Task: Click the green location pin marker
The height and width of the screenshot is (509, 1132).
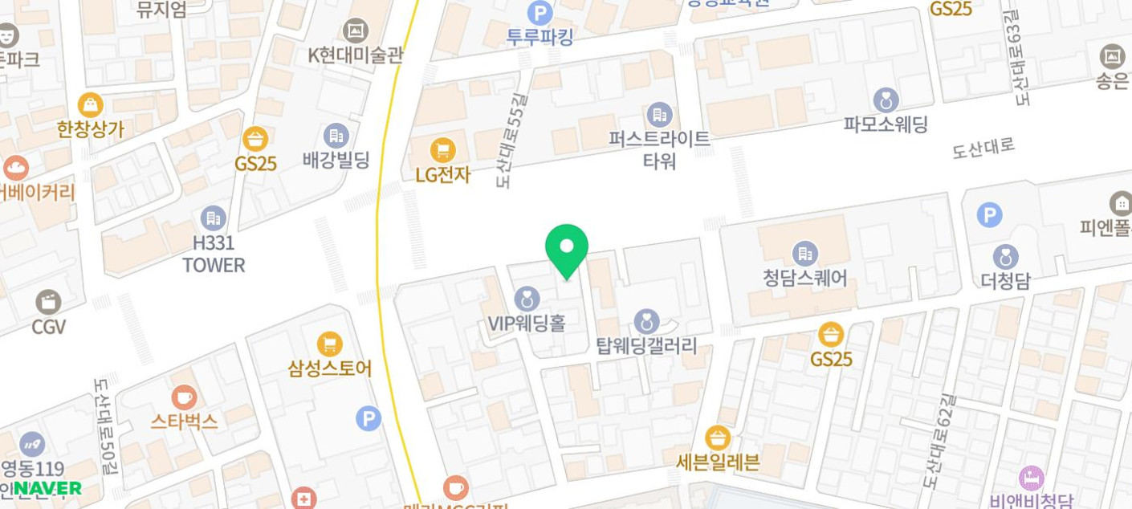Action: [x=566, y=249]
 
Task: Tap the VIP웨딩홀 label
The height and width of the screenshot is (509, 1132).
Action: [x=527, y=323]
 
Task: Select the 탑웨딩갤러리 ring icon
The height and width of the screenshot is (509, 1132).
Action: [x=646, y=322]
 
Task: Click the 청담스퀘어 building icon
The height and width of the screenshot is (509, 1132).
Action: [x=804, y=254]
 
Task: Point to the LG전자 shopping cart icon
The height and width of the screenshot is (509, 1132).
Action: [x=442, y=149]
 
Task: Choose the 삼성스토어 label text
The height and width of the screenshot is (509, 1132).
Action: [x=329, y=369]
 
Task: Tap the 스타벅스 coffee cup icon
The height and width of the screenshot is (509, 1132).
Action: [x=184, y=397]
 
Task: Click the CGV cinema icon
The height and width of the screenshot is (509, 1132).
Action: [x=48, y=302]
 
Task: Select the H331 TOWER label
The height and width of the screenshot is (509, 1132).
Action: [x=213, y=254]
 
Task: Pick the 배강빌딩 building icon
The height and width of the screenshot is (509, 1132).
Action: [x=336, y=136]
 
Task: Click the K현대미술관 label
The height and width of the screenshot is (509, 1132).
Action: [x=355, y=55]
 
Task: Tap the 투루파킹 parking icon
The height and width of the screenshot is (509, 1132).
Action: [x=540, y=13]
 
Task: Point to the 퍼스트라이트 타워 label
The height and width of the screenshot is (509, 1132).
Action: [x=659, y=149]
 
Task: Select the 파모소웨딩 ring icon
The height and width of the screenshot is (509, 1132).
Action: [x=886, y=100]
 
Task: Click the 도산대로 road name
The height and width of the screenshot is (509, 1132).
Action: [x=983, y=148]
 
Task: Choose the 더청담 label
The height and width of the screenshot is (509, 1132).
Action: [x=1005, y=281]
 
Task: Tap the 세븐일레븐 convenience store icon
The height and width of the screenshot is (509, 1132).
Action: [x=717, y=438]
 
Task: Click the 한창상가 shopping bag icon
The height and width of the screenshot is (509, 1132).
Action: [x=90, y=105]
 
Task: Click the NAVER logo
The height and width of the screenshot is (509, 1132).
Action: [x=47, y=488]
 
